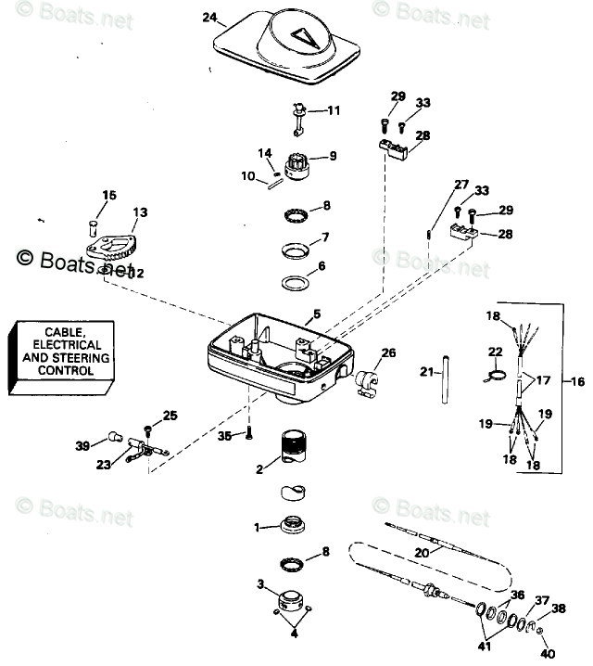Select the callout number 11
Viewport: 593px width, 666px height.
point(334,110)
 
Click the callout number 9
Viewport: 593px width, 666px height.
point(333,155)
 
